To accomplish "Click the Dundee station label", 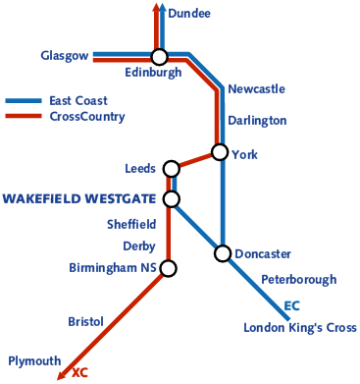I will click(x=189, y=14).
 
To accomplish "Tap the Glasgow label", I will click(x=65, y=55).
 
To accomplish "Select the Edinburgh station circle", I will click(x=159, y=57).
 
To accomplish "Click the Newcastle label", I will click(x=256, y=89).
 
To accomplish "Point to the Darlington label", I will click(x=257, y=121).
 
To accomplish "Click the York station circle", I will click(x=220, y=152).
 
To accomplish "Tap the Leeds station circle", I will click(x=172, y=168).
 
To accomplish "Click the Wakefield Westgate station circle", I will click(x=172, y=199).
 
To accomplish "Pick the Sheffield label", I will click(x=131, y=224).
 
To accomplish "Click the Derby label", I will click(x=139, y=246).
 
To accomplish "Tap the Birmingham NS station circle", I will click(x=168, y=268).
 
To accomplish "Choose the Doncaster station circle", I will click(x=223, y=253).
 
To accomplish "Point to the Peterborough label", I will click(x=298, y=280).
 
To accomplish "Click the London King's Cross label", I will click(x=300, y=328).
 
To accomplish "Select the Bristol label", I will click(x=85, y=321).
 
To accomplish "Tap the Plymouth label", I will click(x=34, y=360).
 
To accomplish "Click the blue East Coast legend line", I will click(x=24, y=101).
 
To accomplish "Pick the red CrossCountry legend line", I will click(x=24, y=117).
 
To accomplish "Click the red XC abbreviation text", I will click(x=80, y=373).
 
